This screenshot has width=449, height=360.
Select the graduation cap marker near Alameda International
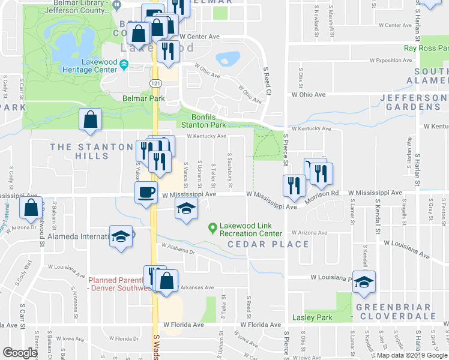(x=121, y=236)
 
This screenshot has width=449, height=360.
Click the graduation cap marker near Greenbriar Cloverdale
(x=363, y=283)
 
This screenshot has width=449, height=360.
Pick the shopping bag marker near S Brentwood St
(x=31, y=208)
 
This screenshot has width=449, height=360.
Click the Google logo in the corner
(x=20, y=353)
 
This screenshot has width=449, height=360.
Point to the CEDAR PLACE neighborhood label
(x=268, y=244)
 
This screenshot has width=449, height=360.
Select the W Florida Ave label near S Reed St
(x=261, y=325)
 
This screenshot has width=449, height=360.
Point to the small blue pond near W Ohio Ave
(x=227, y=59)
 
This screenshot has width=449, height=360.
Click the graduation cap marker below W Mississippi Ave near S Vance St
(x=186, y=209)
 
